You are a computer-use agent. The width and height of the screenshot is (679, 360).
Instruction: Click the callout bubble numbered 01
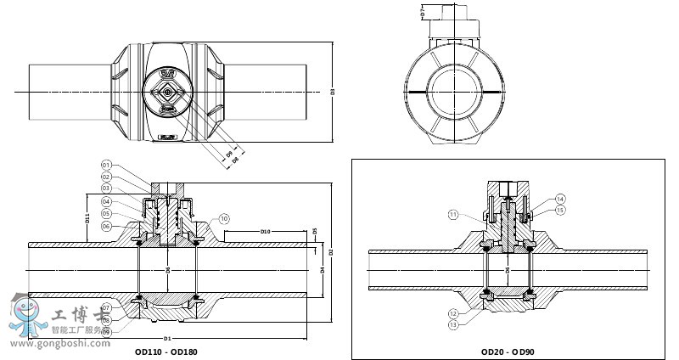click(107, 164)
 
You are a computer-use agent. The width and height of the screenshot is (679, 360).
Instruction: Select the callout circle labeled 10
click(224, 219)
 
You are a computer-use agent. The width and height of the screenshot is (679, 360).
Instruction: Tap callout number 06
click(107, 226)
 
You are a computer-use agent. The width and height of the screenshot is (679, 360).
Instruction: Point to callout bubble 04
click(107, 201)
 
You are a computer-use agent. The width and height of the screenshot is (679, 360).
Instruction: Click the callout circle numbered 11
click(453, 214)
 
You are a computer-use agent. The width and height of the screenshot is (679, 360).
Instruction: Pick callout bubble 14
click(560, 199)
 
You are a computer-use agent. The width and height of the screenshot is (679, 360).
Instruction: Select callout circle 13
click(453, 324)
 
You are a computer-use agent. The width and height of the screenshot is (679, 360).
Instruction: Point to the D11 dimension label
click(88, 218)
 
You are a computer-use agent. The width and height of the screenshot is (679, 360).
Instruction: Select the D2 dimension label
click(332, 252)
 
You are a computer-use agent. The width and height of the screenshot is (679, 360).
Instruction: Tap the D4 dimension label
click(323, 270)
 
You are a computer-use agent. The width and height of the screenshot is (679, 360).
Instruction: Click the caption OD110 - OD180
click(166, 351)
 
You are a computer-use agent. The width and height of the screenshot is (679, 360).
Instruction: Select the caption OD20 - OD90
click(507, 351)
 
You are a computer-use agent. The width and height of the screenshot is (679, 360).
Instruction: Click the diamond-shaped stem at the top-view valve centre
click(168, 92)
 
